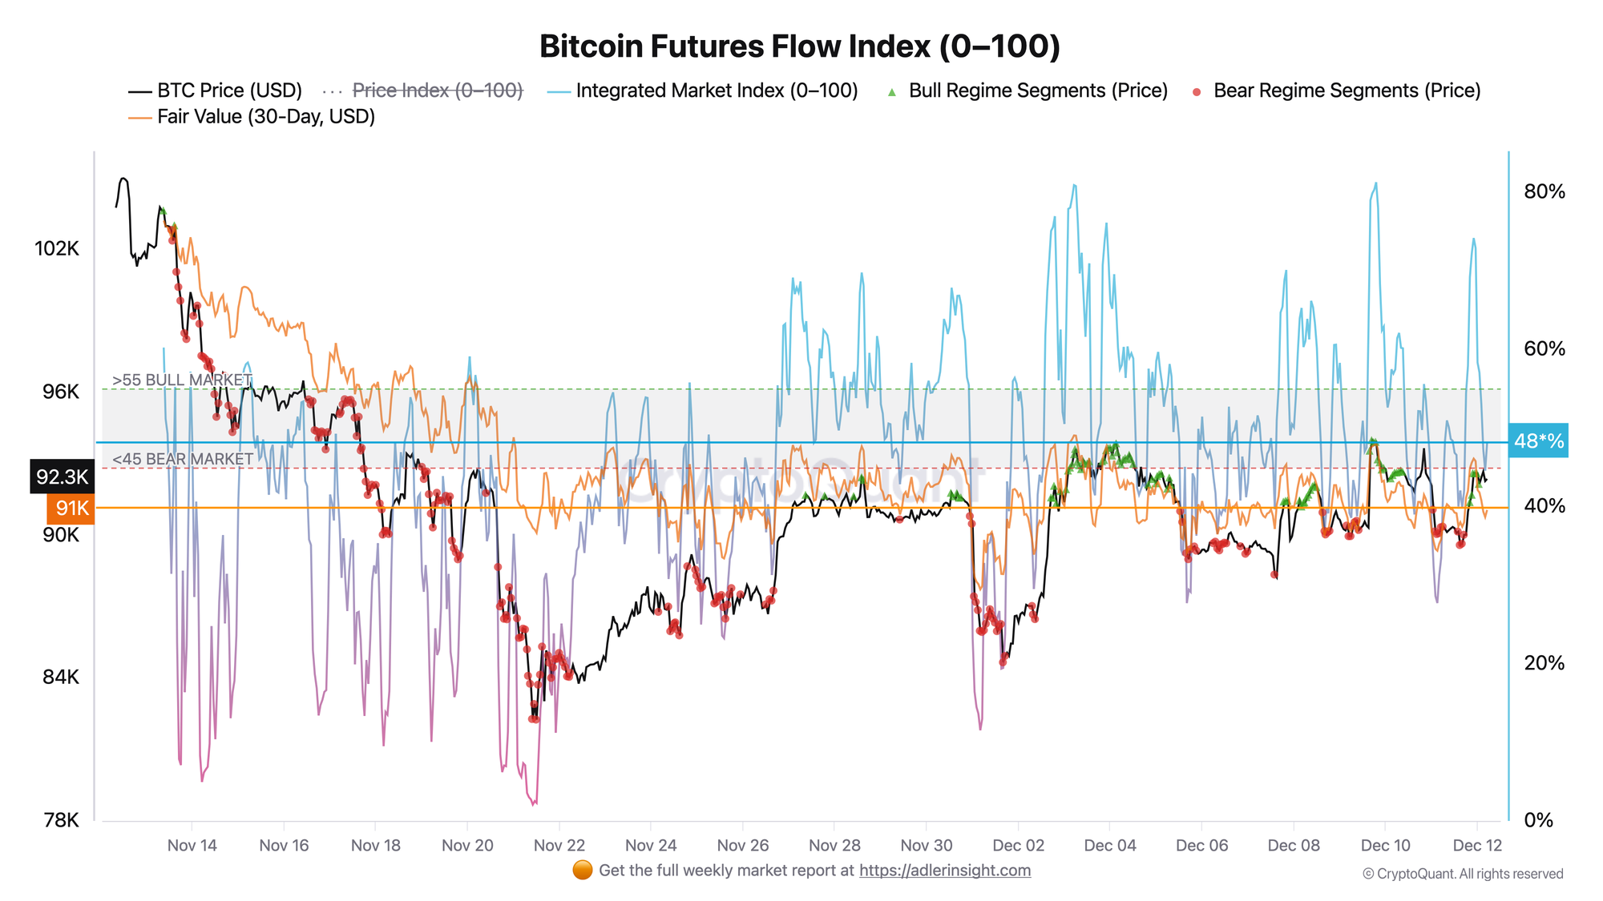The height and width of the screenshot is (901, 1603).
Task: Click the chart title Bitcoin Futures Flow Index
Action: coord(800,46)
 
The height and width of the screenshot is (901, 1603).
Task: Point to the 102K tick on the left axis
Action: coord(57,248)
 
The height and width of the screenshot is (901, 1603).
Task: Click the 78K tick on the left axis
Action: coord(61,820)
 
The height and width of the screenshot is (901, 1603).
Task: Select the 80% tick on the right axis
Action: coord(1544,191)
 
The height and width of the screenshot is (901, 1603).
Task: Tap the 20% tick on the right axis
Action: coord(1544,663)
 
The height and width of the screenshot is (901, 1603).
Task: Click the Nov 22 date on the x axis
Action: coord(559,846)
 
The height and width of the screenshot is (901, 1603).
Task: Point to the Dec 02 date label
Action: coord(1018,846)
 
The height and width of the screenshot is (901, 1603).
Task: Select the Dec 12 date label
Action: coord(1477,846)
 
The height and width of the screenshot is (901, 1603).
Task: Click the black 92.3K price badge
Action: coord(62,477)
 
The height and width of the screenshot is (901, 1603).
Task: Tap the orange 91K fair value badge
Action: coord(71,508)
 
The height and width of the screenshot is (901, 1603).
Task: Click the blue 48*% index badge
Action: coord(1538,441)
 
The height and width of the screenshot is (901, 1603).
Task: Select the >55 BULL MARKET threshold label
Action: coord(182,380)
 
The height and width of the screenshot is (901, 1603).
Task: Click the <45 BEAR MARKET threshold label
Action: coord(183,459)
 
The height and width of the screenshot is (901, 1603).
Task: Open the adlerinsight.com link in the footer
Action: coord(945,871)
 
